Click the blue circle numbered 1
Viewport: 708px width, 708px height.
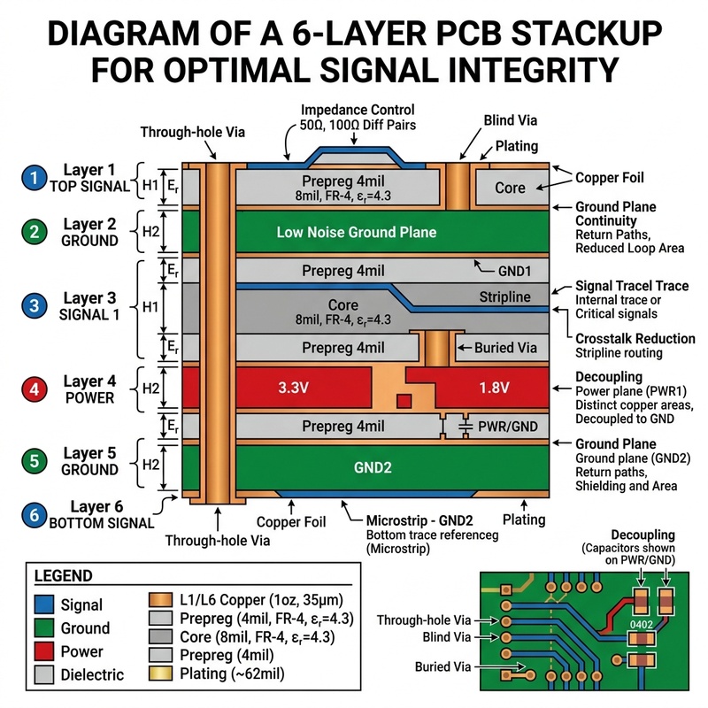tap(35, 178)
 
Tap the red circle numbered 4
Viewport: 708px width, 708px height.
tap(35, 389)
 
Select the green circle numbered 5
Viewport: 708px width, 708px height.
tap(35, 461)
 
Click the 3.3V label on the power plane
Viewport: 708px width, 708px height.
tap(293, 388)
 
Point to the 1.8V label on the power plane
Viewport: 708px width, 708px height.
tap(494, 388)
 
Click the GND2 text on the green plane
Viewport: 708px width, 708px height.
tap(373, 467)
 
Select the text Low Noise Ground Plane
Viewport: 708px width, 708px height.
tap(357, 232)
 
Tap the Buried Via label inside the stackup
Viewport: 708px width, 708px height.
tap(505, 348)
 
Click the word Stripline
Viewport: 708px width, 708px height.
tap(504, 296)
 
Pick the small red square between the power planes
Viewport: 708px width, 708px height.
tap(404, 401)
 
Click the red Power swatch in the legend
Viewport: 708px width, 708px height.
tap(43, 651)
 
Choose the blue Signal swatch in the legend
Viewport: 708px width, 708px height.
tap(43, 604)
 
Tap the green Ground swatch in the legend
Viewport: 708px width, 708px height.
tap(43, 628)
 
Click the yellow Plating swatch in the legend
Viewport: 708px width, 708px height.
tap(160, 673)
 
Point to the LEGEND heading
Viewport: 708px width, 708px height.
tap(63, 576)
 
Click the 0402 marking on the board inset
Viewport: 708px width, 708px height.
tap(642, 625)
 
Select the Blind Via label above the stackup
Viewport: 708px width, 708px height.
tap(511, 120)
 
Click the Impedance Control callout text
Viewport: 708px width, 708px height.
tap(358, 110)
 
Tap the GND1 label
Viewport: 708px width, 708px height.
tap(514, 271)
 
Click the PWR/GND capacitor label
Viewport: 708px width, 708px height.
tap(507, 427)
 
